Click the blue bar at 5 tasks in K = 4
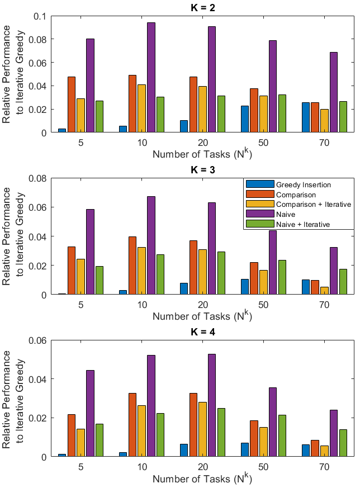click(x=62, y=455)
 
